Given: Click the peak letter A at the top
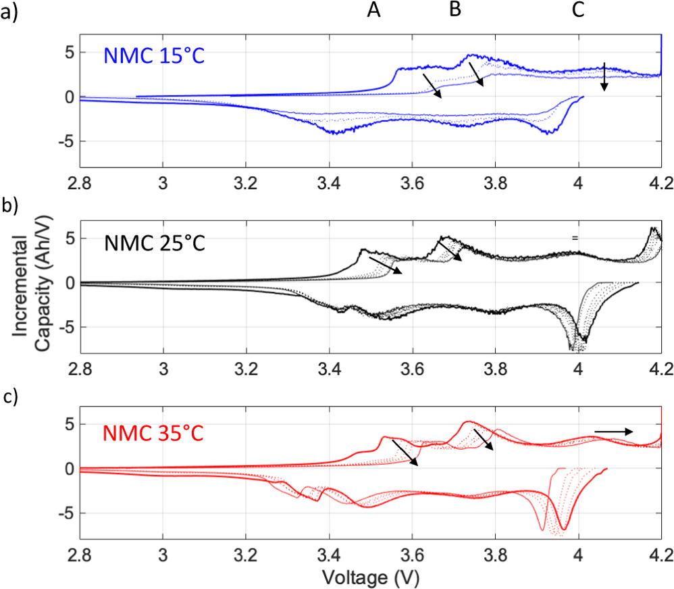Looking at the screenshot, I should pyautogui.click(x=373, y=11).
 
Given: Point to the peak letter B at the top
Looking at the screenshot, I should pyautogui.click(x=455, y=11).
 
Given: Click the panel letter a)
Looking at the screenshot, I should pyautogui.click(x=9, y=11).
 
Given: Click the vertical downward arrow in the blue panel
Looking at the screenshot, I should pyautogui.click(x=604, y=76).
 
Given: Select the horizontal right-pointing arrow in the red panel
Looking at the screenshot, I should pyautogui.click(x=613, y=431).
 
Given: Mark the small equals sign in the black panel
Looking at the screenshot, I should pyautogui.click(x=575, y=238).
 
